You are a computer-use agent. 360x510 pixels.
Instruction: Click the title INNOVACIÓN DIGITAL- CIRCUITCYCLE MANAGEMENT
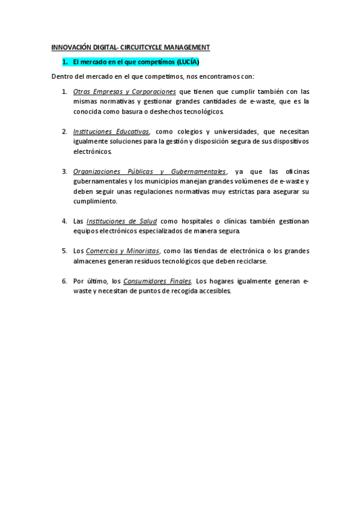tap(130, 47)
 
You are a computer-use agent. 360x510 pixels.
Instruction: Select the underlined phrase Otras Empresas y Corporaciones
tap(124, 91)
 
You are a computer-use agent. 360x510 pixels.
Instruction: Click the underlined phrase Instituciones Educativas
tap(111, 131)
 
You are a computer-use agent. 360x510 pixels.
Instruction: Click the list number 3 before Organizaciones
tap(64, 171)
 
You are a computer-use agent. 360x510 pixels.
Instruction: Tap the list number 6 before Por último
tap(64, 281)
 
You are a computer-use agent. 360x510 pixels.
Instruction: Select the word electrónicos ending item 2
tap(92, 152)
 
